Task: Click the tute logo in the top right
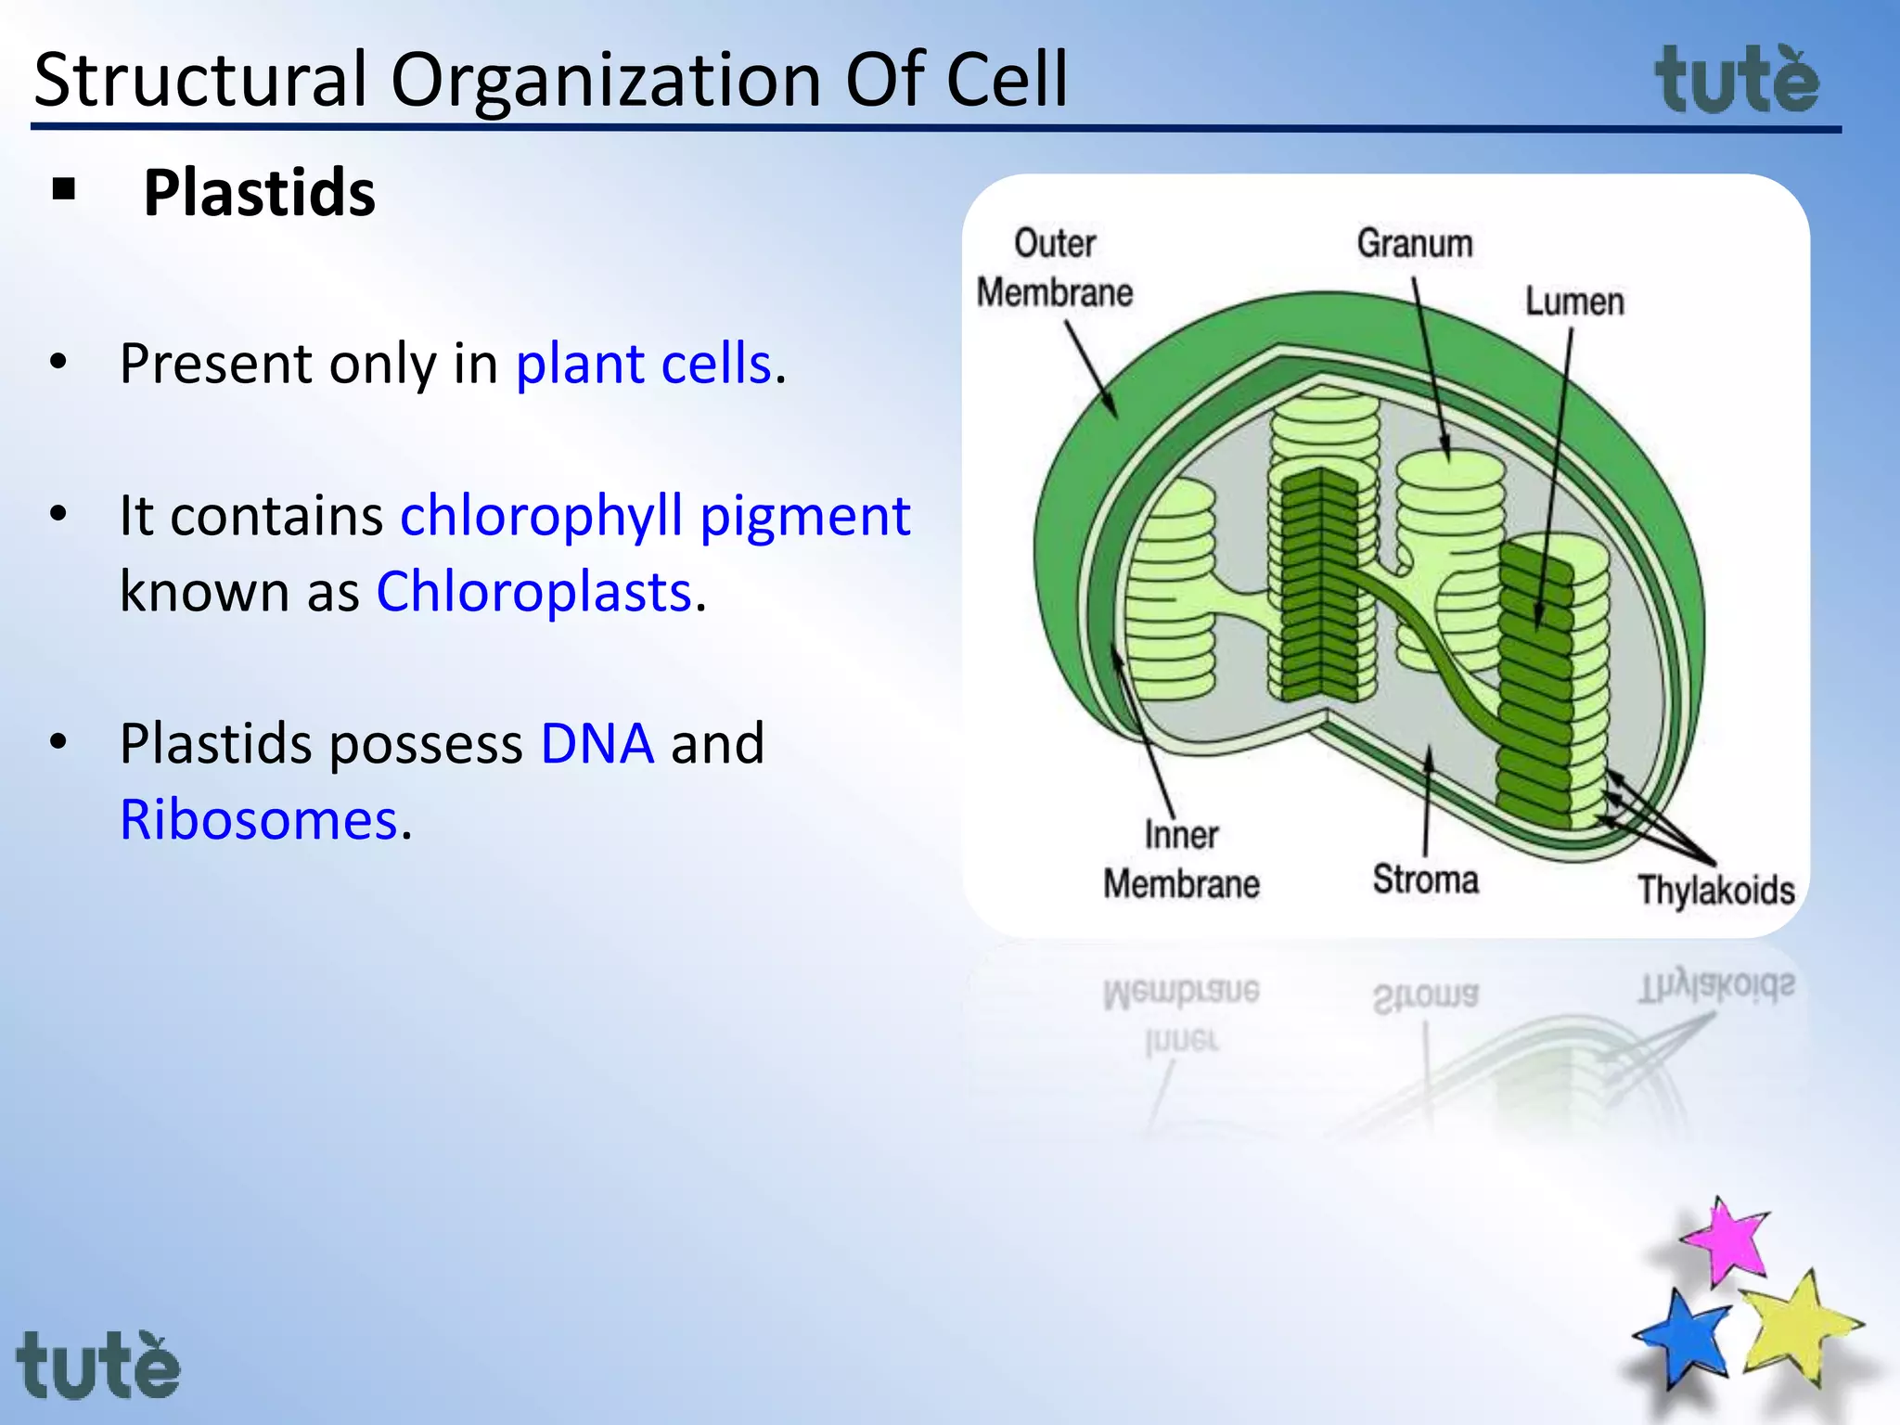click(x=1737, y=82)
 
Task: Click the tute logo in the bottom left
click(x=98, y=1366)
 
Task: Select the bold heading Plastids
click(x=259, y=193)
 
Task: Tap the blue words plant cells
click(x=643, y=363)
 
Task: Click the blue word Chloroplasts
click(x=534, y=591)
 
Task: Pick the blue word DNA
click(x=597, y=743)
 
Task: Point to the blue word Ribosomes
click(x=259, y=820)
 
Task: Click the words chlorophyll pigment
click(x=655, y=515)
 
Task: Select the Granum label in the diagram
click(x=1415, y=243)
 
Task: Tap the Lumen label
click(x=1574, y=302)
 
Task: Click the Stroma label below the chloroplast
click(x=1425, y=879)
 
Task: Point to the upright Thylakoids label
click(x=1715, y=890)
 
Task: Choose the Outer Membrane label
click(x=1055, y=268)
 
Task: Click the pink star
click(x=1726, y=1241)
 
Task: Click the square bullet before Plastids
click(x=64, y=190)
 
